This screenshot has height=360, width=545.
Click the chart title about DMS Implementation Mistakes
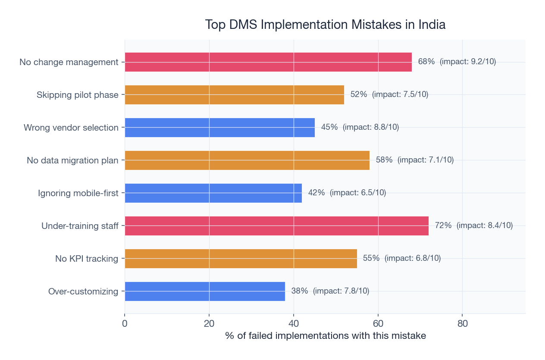[325, 25]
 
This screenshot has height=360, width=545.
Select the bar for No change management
[268, 62]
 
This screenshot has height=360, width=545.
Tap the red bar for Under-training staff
[276, 226]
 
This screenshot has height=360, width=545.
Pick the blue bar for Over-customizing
[205, 291]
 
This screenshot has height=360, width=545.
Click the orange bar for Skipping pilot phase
[234, 95]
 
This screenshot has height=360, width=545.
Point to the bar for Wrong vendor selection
[219, 128]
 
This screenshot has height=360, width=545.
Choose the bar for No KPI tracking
[241, 259]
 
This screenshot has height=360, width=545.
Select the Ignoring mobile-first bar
[213, 193]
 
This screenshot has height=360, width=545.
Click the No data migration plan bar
[247, 160]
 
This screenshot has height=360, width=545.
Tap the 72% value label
[443, 225]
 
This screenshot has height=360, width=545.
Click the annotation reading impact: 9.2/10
[468, 62]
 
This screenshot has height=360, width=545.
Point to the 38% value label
[299, 291]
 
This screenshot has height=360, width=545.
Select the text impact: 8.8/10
[371, 127]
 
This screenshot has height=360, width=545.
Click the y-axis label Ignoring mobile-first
[78, 193]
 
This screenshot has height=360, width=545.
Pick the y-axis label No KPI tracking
[87, 259]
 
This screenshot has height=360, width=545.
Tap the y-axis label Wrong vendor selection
[71, 128]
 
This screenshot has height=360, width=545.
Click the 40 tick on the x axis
[294, 323]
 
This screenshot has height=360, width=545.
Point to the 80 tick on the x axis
[462, 323]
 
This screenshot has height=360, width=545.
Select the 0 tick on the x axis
[125, 323]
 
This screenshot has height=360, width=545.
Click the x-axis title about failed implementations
[325, 336]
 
